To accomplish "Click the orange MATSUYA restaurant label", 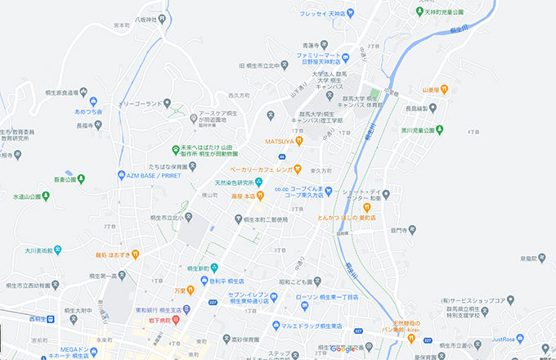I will pyautogui.click(x=280, y=141).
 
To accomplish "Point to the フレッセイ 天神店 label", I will pyautogui.click(x=325, y=13).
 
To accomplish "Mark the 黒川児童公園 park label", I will pyautogui.click(x=420, y=129).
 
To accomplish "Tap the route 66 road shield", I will pyautogui.click(x=281, y=155).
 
